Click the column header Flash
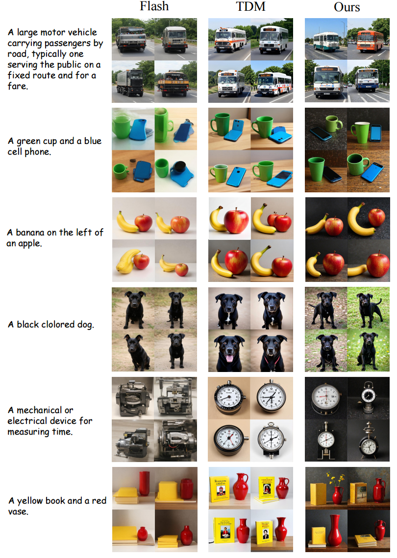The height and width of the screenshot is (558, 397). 154,6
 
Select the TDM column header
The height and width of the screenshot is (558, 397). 250,6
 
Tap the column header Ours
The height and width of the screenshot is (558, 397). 347,7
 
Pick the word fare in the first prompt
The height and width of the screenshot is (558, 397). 18,86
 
